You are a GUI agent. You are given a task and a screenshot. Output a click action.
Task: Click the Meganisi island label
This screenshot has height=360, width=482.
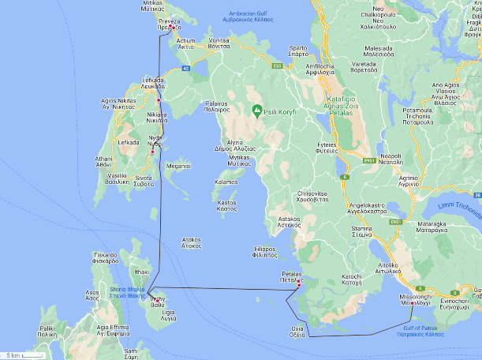point(177,167)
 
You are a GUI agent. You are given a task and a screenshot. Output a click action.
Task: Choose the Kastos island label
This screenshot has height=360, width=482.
point(226,205)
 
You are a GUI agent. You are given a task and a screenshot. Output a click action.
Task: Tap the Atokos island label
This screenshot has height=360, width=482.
point(191,242)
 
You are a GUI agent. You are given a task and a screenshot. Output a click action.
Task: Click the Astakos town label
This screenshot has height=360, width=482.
point(290,221)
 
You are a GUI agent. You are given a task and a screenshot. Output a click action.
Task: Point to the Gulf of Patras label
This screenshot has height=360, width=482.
point(423,331)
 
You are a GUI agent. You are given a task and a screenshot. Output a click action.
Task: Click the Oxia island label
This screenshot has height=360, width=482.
point(297,330)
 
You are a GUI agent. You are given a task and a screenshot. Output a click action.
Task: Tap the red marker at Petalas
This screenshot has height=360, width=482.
point(298,288)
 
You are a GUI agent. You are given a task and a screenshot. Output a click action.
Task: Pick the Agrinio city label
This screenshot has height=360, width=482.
point(419,181)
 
